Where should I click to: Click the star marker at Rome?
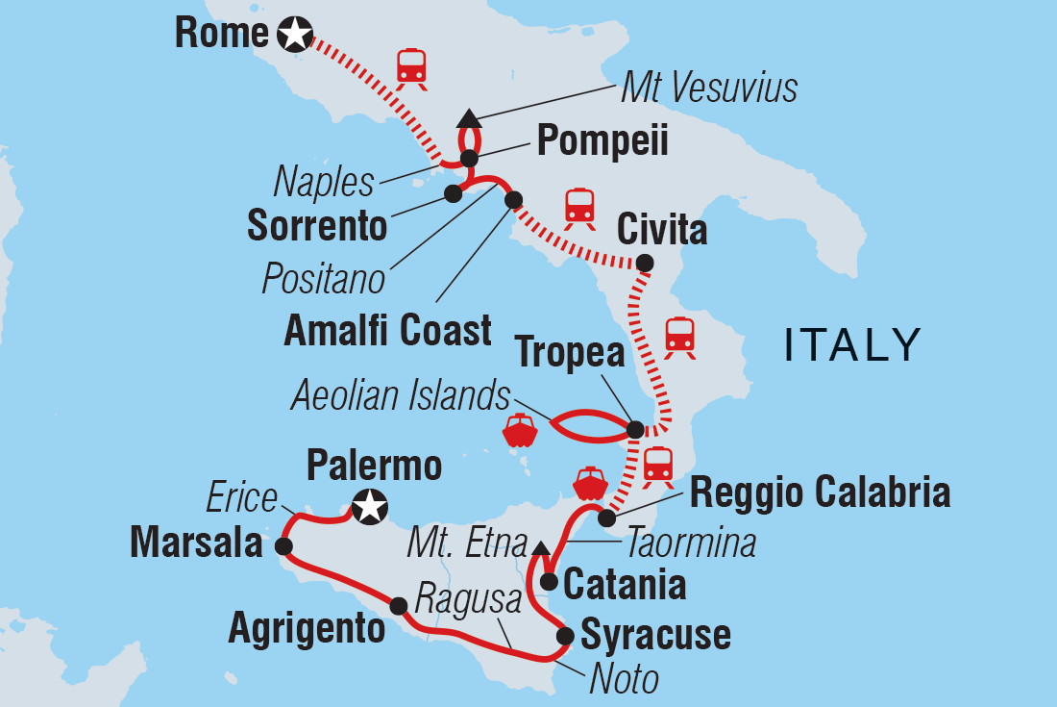(294, 35)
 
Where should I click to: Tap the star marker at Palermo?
(370, 506)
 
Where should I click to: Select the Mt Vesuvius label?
(709, 88)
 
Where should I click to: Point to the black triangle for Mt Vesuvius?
(469, 118)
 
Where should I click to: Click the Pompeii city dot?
(469, 159)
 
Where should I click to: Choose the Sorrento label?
(317, 226)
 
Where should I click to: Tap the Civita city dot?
(645, 263)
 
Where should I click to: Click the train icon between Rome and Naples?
(411, 64)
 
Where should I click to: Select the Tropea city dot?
(634, 429)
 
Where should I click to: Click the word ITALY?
(852, 345)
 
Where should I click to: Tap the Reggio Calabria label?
(821, 492)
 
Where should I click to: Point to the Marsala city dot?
(283, 545)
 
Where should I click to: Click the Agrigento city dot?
(398, 605)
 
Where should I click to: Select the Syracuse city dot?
(565, 635)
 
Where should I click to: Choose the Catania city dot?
(549, 581)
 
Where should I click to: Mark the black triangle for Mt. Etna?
(541, 547)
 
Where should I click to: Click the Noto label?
(625, 679)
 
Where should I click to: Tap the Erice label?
(241, 499)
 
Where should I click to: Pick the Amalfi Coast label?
(388, 331)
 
